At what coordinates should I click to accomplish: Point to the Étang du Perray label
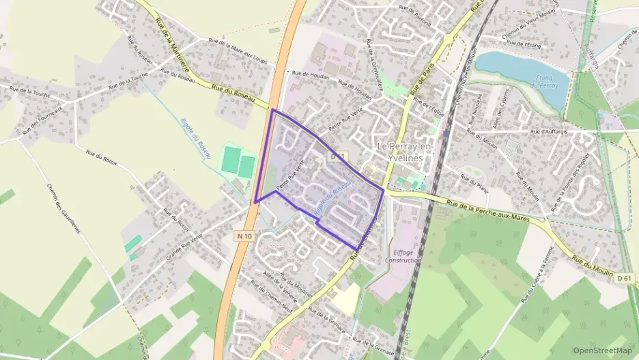548,82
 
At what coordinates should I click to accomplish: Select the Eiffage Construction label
403,255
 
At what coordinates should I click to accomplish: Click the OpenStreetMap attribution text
602,350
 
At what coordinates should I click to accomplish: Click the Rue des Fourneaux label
42,119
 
